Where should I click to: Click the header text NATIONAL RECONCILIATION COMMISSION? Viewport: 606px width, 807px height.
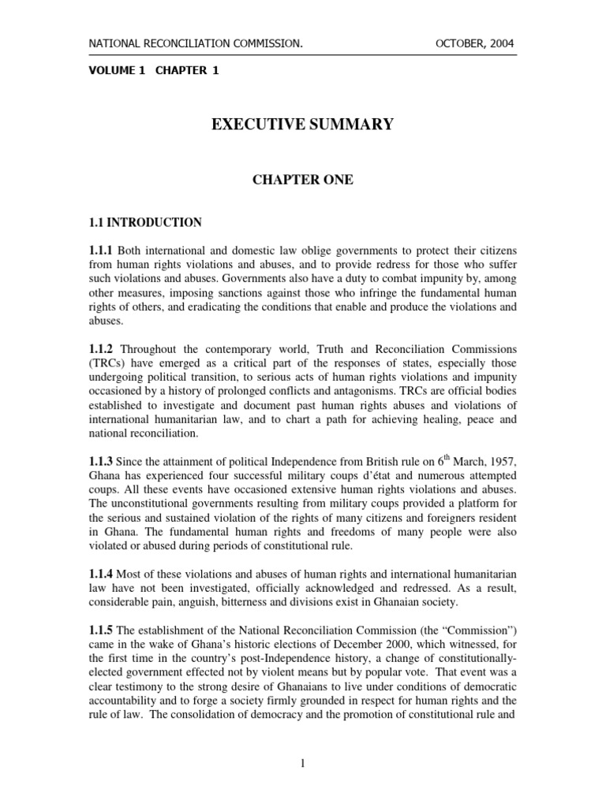[x=194, y=43]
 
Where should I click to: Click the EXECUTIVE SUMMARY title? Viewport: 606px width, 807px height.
[x=302, y=125]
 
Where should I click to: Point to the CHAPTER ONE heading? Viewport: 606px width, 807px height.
[x=302, y=180]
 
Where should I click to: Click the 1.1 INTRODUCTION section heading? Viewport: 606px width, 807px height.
[x=144, y=223]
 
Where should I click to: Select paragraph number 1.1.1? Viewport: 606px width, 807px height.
[x=103, y=250]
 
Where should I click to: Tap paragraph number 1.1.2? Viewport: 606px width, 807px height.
[x=103, y=348]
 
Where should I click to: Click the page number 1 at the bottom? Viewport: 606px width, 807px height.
[x=302, y=764]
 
